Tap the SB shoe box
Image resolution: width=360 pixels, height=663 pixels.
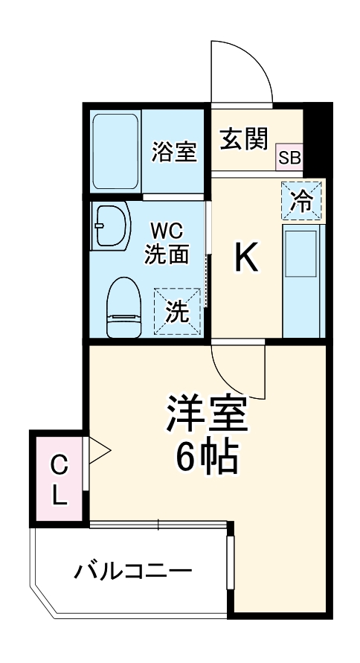pyautogui.click(x=290, y=158)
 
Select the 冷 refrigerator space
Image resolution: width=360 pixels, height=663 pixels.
pyautogui.click(x=302, y=200)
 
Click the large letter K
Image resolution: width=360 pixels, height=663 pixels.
pyautogui.click(x=247, y=258)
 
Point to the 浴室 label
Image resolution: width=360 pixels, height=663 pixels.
pyautogui.click(x=174, y=152)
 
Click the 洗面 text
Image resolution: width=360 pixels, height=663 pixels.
pyautogui.click(x=167, y=254)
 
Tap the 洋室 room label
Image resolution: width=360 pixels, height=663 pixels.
pyautogui.click(x=206, y=417)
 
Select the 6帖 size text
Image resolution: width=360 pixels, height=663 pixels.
pyautogui.click(x=206, y=459)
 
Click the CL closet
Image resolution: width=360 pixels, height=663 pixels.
pyautogui.click(x=59, y=481)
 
